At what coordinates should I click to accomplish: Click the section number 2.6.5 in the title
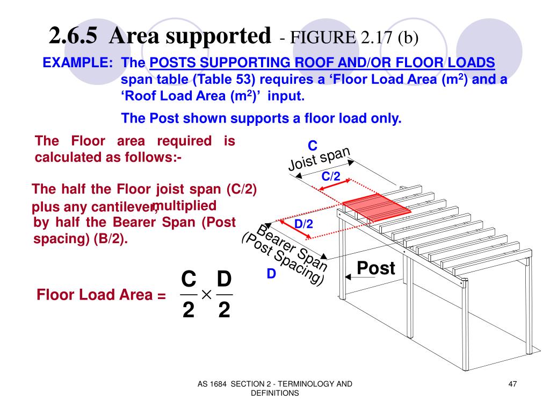click(x=73, y=37)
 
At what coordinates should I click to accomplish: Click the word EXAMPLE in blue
click(x=77, y=63)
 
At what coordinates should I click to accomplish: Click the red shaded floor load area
click(x=376, y=208)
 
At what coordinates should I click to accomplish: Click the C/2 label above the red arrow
click(x=331, y=176)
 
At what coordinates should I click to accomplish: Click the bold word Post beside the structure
click(x=376, y=268)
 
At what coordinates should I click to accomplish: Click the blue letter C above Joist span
click(x=313, y=146)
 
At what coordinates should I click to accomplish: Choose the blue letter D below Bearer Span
click(x=271, y=274)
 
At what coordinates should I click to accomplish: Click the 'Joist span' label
click(x=320, y=159)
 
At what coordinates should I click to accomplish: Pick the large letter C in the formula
click(x=188, y=280)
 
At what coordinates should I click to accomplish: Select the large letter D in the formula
click(x=224, y=280)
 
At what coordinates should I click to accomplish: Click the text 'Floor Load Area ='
click(x=101, y=295)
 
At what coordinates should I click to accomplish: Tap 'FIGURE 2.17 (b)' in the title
click(x=348, y=38)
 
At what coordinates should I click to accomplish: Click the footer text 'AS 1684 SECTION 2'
click(x=242, y=383)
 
